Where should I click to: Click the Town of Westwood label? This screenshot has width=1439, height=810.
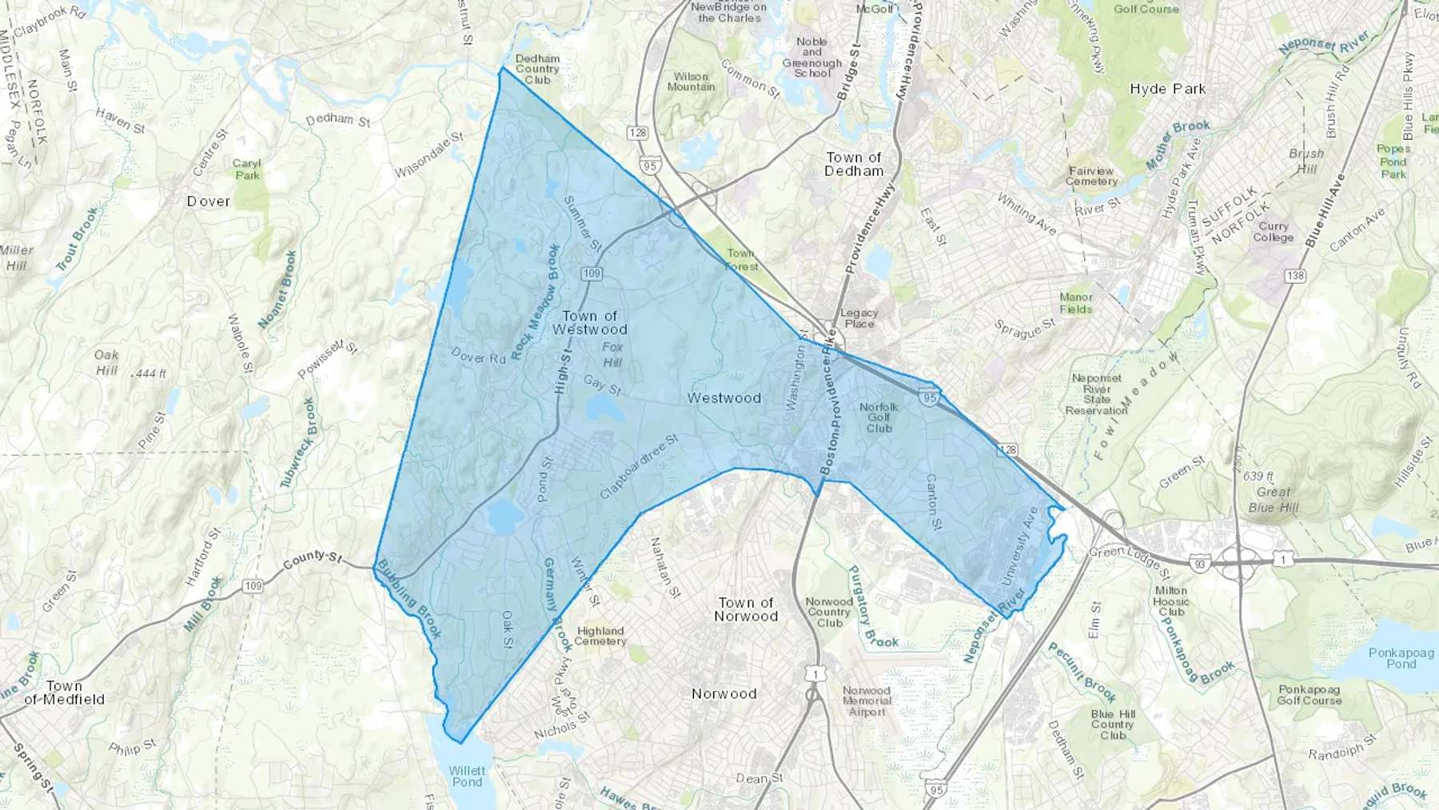click(x=590, y=323)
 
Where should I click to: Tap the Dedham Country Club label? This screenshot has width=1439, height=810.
click(x=537, y=70)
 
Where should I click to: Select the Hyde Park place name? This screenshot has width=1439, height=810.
click(x=1167, y=89)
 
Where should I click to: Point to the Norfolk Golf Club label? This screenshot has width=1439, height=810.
click(x=879, y=417)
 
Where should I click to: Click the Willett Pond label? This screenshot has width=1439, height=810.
click(x=467, y=776)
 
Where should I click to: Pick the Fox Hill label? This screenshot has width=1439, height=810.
click(x=612, y=355)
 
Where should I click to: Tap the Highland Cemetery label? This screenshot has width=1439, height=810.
click(x=600, y=636)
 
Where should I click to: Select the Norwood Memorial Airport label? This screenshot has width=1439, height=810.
click(x=867, y=701)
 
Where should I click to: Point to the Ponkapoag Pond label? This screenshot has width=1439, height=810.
click(x=1401, y=658)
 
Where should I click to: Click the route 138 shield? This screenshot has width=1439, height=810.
click(x=1295, y=276)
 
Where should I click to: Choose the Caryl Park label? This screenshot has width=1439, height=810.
click(x=247, y=169)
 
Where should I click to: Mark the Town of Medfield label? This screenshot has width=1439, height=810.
click(x=64, y=692)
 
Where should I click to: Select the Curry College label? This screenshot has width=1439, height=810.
click(x=1273, y=232)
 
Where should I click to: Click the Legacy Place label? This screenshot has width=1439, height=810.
click(x=859, y=318)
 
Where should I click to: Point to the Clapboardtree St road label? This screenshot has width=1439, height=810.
click(x=639, y=467)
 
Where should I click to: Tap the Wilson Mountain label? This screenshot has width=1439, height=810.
click(x=691, y=82)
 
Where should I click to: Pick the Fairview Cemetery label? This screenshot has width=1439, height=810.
click(x=1091, y=176)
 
